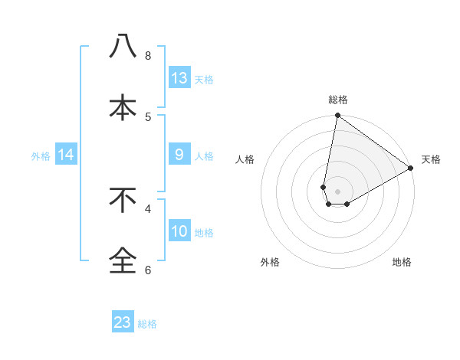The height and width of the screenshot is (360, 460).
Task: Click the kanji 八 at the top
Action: tap(123, 47)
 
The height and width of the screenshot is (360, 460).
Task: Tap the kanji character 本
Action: tap(123, 107)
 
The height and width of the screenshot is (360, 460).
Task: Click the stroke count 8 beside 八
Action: tap(148, 56)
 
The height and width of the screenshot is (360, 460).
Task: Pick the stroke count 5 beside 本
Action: tap(148, 116)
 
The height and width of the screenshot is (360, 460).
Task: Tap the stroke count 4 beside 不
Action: tap(148, 208)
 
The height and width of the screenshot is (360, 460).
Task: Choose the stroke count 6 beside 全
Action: tap(148, 270)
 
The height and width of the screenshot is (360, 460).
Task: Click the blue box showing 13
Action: tap(179, 77)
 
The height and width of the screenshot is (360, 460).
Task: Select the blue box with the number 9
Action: tap(179, 154)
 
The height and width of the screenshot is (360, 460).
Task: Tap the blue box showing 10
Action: tap(179, 231)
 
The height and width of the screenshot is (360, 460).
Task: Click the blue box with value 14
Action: tap(66, 154)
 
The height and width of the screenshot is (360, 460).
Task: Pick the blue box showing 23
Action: tap(123, 322)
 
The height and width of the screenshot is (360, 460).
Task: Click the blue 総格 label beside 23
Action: tap(147, 324)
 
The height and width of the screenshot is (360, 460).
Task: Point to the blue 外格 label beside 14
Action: tap(41, 155)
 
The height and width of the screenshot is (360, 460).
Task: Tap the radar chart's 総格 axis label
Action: tap(338, 100)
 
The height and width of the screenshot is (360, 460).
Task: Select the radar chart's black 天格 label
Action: tap(431, 159)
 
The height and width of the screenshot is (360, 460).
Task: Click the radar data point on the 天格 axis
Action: tap(411, 169)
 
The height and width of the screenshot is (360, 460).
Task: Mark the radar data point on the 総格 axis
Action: tap(337, 116)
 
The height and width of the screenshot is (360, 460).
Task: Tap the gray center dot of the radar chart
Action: tap(337, 191)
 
